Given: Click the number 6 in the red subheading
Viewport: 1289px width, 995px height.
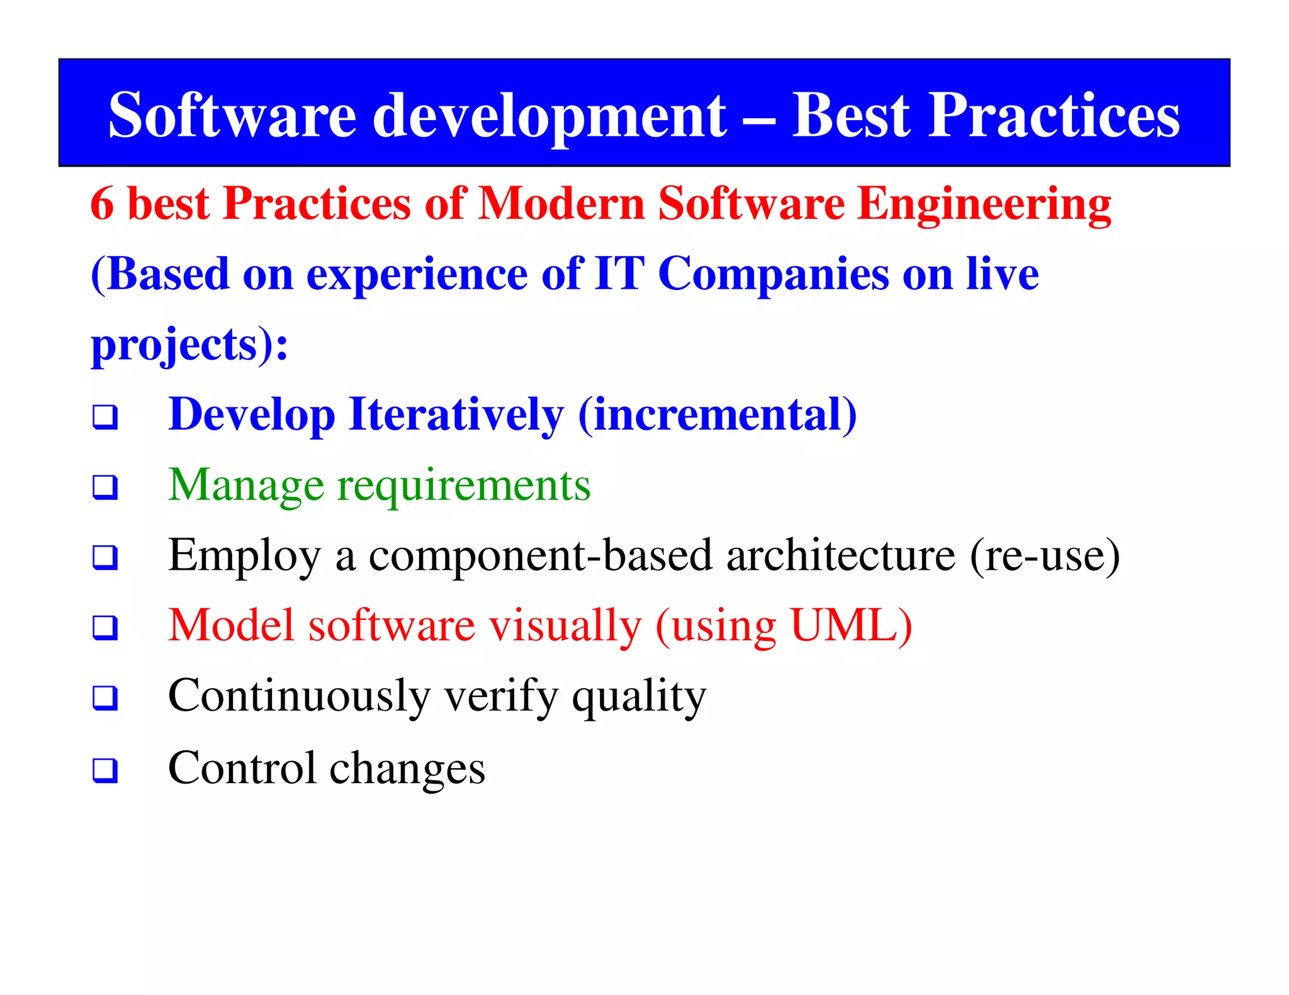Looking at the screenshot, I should point(102,204).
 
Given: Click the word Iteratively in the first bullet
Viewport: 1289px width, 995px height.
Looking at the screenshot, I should point(456,415).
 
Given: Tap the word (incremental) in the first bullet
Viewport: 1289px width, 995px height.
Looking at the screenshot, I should point(718,415).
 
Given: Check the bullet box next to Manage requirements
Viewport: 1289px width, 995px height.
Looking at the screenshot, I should point(105,487).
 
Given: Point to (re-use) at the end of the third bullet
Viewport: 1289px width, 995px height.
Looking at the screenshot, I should point(1045,556).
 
